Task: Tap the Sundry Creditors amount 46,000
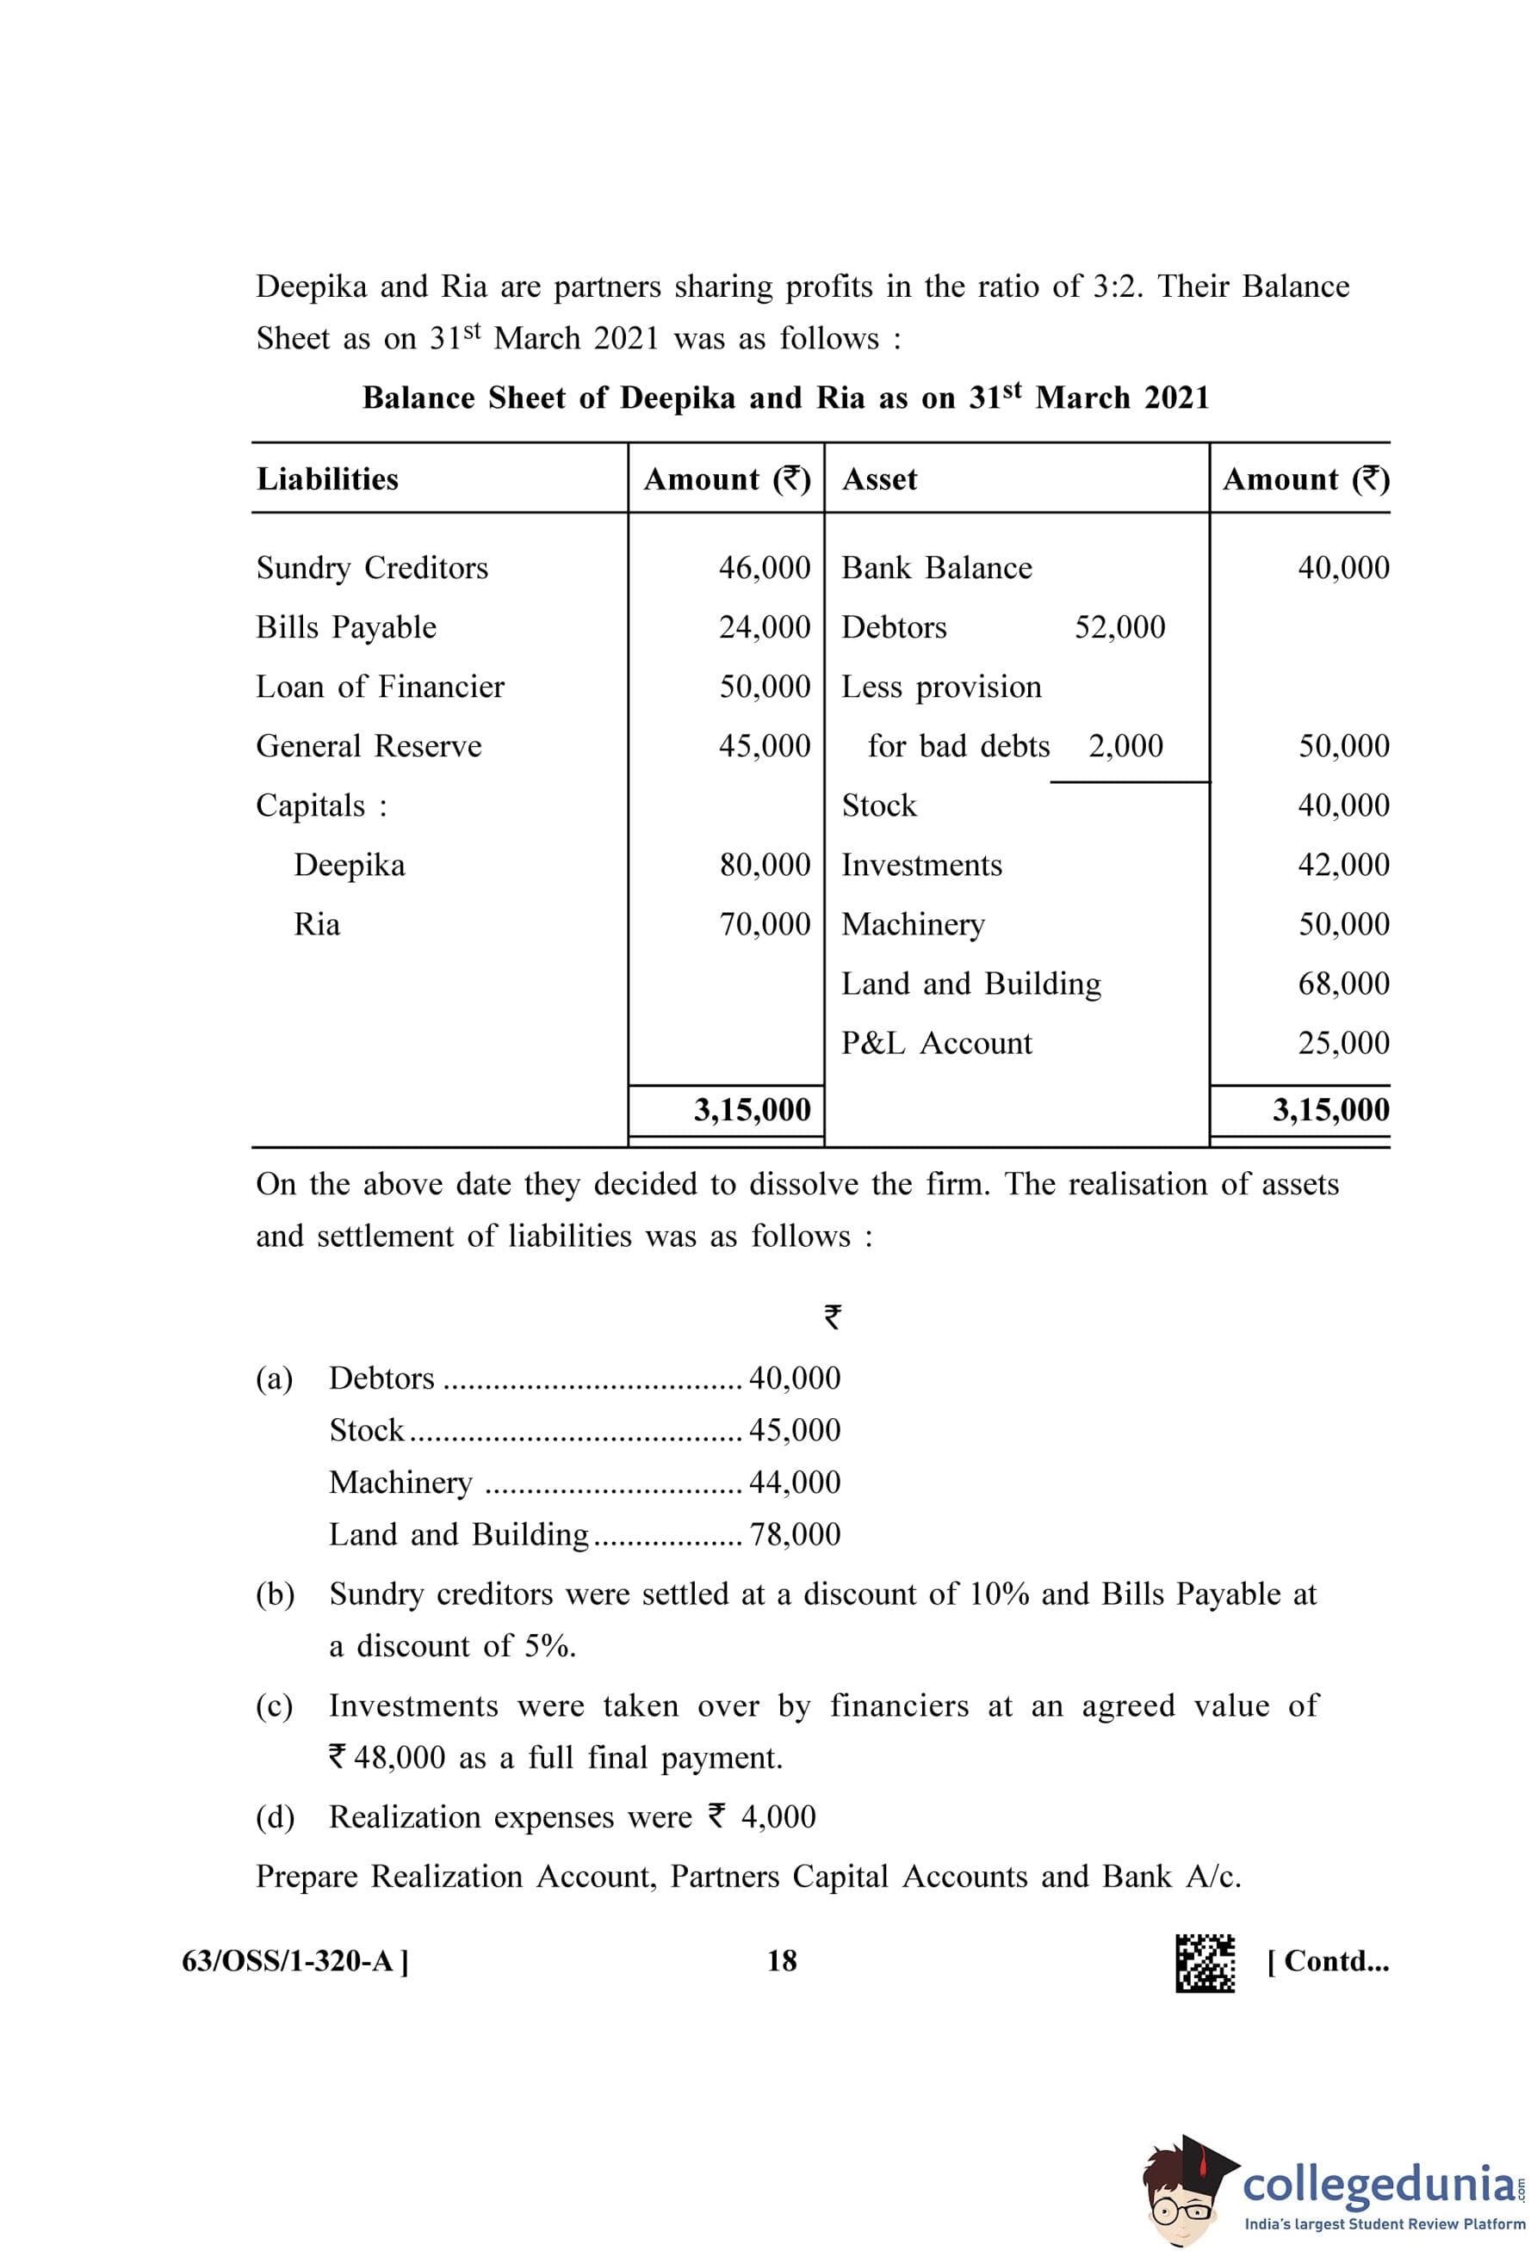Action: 764,567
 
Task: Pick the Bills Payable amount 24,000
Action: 764,626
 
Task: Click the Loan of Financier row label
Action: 380,687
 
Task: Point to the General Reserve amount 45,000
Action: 764,746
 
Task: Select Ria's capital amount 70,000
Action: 764,923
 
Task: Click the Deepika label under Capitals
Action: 349,865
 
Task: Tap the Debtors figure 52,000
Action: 1119,626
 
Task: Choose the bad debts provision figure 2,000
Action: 1125,746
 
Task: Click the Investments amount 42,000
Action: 1342,865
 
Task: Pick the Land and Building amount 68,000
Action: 1342,983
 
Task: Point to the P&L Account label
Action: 937,1043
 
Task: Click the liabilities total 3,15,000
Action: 752,1109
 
